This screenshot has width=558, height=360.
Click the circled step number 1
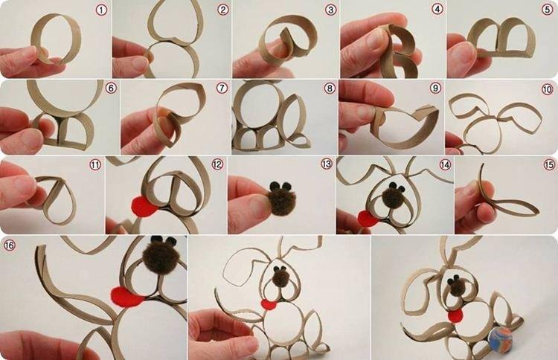pyautogui.click(x=102, y=10)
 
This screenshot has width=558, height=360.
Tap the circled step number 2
pyautogui.click(x=222, y=10)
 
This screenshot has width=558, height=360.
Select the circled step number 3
pyautogui.click(x=330, y=10)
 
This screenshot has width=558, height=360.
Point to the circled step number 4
pyautogui.click(x=437, y=10)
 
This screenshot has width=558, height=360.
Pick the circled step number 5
pyautogui.click(x=548, y=10)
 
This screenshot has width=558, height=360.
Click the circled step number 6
pyautogui.click(x=111, y=89)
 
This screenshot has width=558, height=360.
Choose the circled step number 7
pyautogui.click(x=221, y=89)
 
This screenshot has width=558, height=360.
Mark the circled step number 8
pyautogui.click(x=330, y=89)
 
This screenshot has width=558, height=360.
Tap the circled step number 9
pyautogui.click(x=436, y=89)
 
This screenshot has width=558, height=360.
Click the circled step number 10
pyautogui.click(x=547, y=89)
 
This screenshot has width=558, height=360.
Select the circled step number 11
pyautogui.click(x=94, y=164)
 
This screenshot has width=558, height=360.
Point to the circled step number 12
pyautogui.click(x=217, y=164)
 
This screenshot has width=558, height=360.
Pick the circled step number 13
pyautogui.click(x=326, y=164)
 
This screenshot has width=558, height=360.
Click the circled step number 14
pyautogui.click(x=445, y=164)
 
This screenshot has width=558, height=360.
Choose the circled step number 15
pyautogui.click(x=549, y=164)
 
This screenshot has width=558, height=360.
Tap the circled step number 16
pyautogui.click(x=10, y=245)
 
